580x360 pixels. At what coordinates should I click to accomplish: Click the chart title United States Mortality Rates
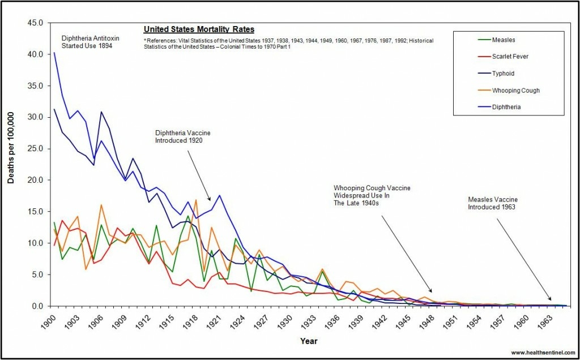click(199, 29)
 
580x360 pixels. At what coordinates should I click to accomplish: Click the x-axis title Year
click(308, 341)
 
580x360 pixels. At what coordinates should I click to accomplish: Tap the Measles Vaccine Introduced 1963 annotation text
click(493, 203)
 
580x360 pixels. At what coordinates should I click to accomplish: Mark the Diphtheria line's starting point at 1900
click(54, 53)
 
